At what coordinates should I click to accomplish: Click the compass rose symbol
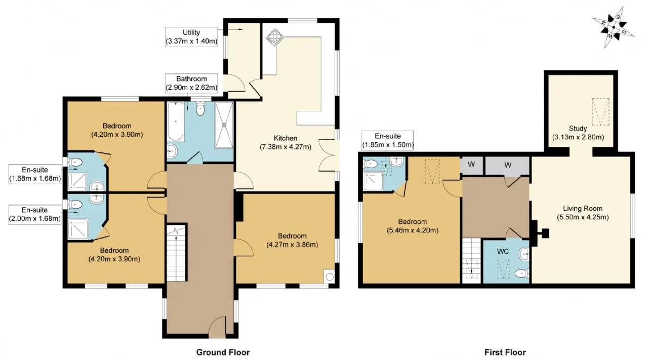click(614, 27)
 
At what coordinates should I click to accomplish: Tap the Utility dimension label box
click(191, 37)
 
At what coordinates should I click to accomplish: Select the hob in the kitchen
click(274, 37)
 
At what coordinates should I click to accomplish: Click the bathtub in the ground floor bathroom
click(175, 121)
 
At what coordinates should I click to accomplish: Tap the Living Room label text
click(583, 209)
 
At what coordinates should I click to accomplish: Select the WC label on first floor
click(503, 252)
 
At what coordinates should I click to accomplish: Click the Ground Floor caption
click(223, 352)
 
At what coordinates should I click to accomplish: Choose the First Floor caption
click(505, 352)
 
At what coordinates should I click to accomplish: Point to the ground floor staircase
click(176, 253)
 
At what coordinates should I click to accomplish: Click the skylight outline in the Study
click(600, 112)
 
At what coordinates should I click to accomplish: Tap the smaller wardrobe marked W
click(471, 165)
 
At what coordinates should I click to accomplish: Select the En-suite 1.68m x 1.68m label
click(35, 174)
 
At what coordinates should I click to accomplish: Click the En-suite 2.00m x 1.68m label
click(35, 215)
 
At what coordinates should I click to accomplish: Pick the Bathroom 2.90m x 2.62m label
click(191, 84)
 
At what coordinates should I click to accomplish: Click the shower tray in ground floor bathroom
click(224, 125)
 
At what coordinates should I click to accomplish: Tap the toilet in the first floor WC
click(522, 273)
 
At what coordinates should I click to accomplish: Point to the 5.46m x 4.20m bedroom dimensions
click(413, 230)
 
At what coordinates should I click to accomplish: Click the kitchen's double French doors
click(329, 155)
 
